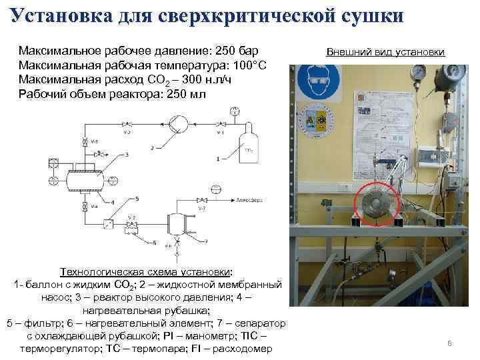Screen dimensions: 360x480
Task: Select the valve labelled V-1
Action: tap(220, 125)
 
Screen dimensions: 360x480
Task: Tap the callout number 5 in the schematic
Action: tap(137, 199)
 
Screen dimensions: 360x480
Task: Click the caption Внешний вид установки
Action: tap(386, 52)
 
